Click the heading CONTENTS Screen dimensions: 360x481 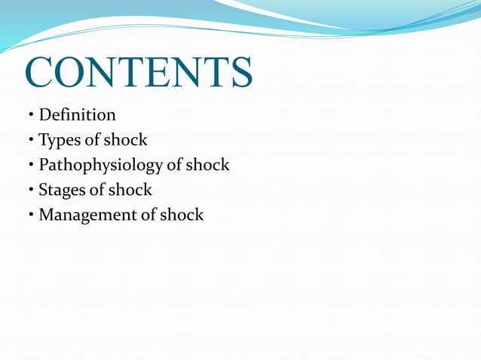pos(139,72)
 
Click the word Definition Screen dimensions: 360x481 pos(77,115)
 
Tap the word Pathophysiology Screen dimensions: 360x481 pos(100,165)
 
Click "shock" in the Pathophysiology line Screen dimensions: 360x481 pos(207,165)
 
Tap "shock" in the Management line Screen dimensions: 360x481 pos(182,215)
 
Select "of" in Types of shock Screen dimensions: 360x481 pos(90,140)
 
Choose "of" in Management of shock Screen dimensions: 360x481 pos(146,215)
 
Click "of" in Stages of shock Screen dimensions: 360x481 pos(94,190)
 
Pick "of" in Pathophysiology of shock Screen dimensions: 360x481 pos(172,165)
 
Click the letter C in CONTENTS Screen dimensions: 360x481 pos(39,72)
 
